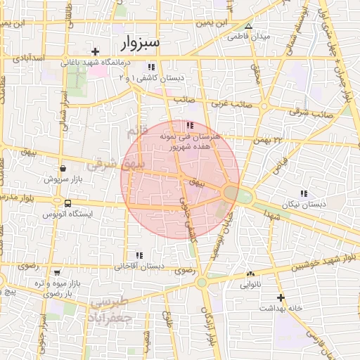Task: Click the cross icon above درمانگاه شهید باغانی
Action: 96,51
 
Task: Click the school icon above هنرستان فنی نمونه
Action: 188,125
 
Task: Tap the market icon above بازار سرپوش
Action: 64,169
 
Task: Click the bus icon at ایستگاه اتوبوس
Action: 57,202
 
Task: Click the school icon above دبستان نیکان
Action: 304,193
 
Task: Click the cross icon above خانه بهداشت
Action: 281,297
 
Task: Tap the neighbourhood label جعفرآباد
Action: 111,318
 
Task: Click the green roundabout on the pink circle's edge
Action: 231,192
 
